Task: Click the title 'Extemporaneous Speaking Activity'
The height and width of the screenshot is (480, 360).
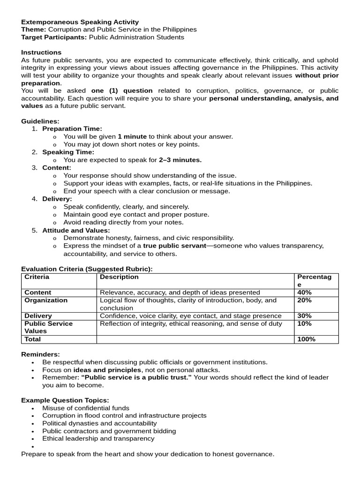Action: tap(80, 22)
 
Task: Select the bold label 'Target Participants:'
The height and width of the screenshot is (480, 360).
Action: tap(54, 37)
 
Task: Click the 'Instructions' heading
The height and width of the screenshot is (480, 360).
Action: tap(41, 52)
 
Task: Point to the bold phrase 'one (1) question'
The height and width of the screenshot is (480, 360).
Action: tap(122, 90)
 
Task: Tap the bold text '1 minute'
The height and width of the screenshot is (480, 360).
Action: tap(132, 136)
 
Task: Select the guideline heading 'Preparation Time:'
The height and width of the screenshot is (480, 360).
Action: tap(72, 129)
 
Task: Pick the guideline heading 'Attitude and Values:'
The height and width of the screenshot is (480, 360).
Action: tap(76, 230)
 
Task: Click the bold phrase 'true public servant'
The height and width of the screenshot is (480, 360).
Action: tap(174, 246)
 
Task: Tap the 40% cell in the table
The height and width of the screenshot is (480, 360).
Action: tap(304, 292)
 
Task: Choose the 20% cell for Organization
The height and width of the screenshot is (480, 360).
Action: tap(304, 300)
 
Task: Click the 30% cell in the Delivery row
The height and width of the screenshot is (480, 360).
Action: tap(304, 316)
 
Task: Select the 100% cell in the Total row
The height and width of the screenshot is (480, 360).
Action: tap(306, 339)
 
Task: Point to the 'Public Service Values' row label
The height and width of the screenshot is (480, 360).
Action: tap(48, 327)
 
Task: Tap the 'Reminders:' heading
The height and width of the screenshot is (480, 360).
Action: tap(40, 354)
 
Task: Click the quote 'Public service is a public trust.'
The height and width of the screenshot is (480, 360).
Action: tap(136, 377)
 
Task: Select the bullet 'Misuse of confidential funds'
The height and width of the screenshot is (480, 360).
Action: tap(86, 408)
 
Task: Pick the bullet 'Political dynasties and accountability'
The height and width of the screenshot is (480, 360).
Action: tap(99, 423)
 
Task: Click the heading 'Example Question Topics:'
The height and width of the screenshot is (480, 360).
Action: tap(65, 400)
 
